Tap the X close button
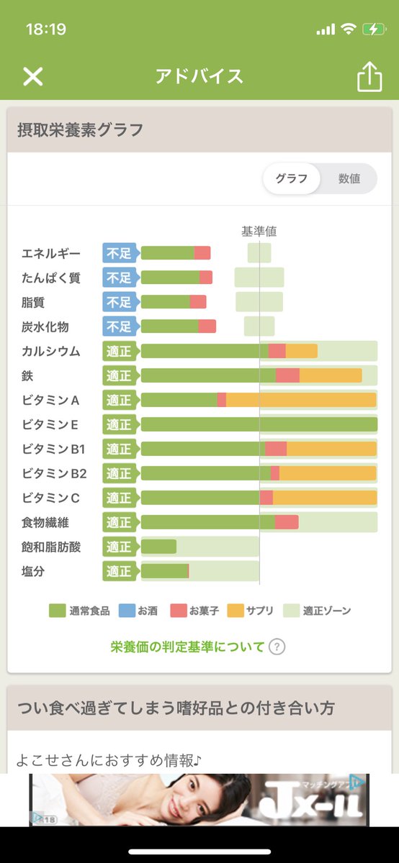pos(33,76)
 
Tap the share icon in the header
pos(369,76)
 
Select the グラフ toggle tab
pos(291,179)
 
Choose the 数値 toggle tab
pos(349,179)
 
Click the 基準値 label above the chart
pos(259,231)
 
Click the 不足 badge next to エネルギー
pos(119,253)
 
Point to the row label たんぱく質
pos(51,278)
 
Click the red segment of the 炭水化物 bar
pos(207,327)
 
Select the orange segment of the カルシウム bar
pos(301,351)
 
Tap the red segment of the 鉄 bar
pos(287,375)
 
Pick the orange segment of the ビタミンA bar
pos(301,400)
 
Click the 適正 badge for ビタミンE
pos(119,424)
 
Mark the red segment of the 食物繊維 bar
pos(286,522)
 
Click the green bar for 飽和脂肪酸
pos(158,547)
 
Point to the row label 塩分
pos(36,571)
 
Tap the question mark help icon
pos(277,647)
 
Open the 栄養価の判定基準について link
pos(187,647)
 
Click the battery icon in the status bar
pos(374,29)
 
